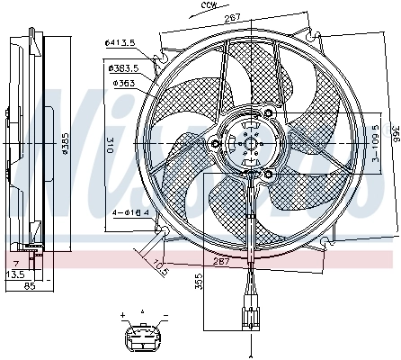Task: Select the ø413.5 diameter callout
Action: (x=120, y=42)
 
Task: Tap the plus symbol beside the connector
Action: (x=120, y=316)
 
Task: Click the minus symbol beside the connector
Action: (x=165, y=316)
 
